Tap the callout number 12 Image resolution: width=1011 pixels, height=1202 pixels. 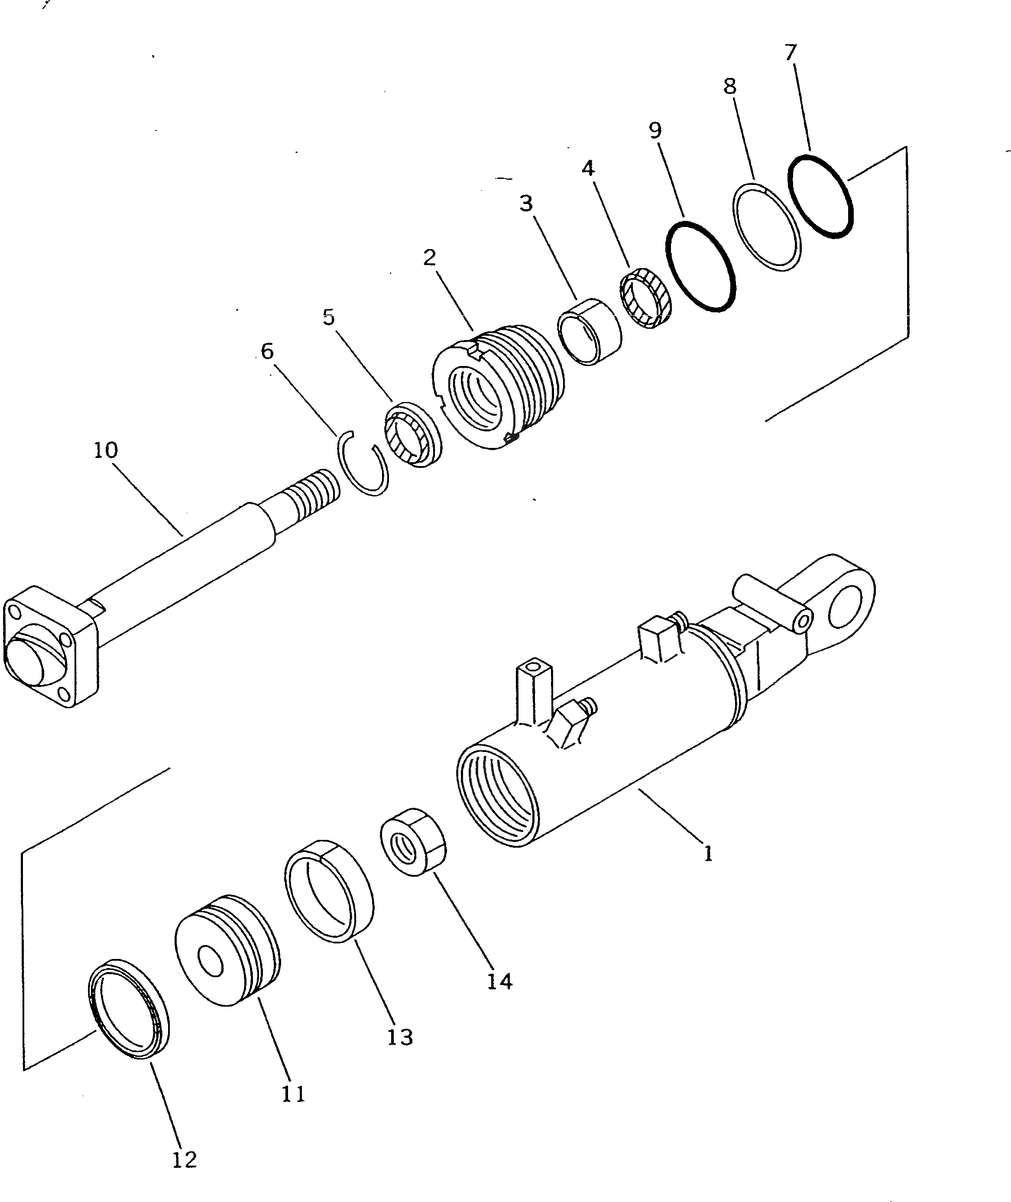(x=184, y=1160)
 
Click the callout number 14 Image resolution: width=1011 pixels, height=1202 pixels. (x=499, y=982)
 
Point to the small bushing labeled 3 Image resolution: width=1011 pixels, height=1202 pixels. (x=590, y=332)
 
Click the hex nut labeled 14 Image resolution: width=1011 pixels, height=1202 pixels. (x=413, y=842)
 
